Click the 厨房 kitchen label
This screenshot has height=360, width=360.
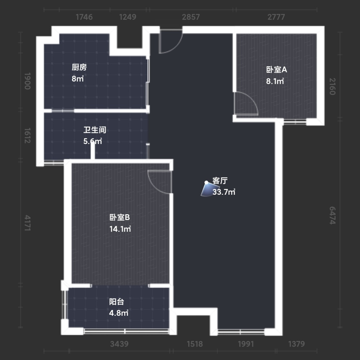[79, 67]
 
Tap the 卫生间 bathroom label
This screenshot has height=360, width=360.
[95, 130]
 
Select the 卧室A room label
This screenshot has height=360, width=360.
[276, 69]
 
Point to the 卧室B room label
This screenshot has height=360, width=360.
[120, 217]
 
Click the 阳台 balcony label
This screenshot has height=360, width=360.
[117, 301]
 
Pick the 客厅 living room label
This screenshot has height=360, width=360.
[220, 181]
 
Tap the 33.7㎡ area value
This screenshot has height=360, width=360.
[224, 192]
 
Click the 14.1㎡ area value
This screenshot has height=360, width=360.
[120, 229]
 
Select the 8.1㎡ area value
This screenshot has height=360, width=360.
[275, 81]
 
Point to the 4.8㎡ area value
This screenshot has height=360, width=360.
[119, 313]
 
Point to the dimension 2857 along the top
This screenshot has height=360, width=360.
[191, 17]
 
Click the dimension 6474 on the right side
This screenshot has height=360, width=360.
[332, 215]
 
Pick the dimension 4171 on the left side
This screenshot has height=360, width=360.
[27, 223]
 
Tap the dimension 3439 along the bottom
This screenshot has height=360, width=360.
[119, 344]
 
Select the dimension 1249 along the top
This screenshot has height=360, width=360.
[128, 17]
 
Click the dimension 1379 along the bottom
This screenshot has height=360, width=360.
[296, 344]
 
